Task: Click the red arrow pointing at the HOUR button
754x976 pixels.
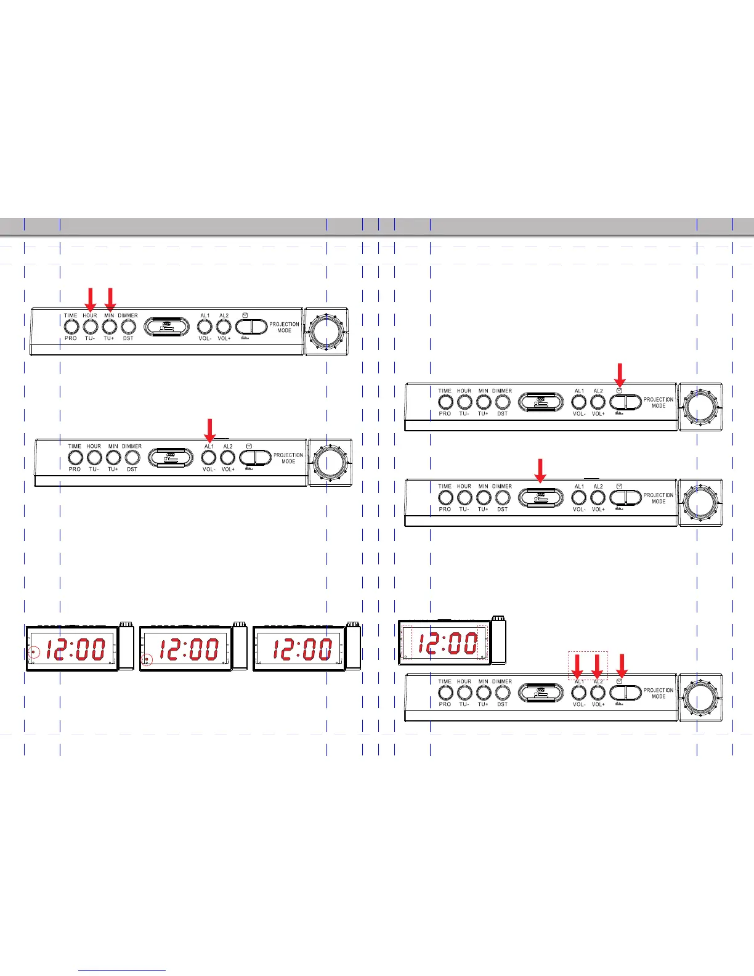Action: (90, 299)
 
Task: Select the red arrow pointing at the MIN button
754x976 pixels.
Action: (110, 299)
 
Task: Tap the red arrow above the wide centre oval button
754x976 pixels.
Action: (540, 471)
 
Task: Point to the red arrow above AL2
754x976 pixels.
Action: (597, 666)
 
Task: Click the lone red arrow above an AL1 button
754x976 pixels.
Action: (209, 430)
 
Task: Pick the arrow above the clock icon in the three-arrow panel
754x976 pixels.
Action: (622, 666)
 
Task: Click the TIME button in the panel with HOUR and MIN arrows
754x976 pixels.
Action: (71, 327)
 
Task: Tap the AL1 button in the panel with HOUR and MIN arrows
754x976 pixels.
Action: (205, 327)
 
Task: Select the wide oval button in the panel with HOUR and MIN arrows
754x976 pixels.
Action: (167, 327)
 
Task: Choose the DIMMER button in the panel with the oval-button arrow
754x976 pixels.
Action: (503, 497)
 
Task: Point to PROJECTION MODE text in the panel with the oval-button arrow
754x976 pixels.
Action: (659, 498)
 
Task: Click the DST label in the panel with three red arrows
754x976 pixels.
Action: (503, 704)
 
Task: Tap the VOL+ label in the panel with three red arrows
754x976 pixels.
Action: (598, 704)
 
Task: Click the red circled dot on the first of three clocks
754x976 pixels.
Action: (34, 652)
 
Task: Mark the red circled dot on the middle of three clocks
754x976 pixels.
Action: (147, 659)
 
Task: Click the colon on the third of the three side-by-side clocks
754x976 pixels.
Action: (302, 649)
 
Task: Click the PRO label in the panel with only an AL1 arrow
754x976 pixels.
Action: (75, 470)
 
